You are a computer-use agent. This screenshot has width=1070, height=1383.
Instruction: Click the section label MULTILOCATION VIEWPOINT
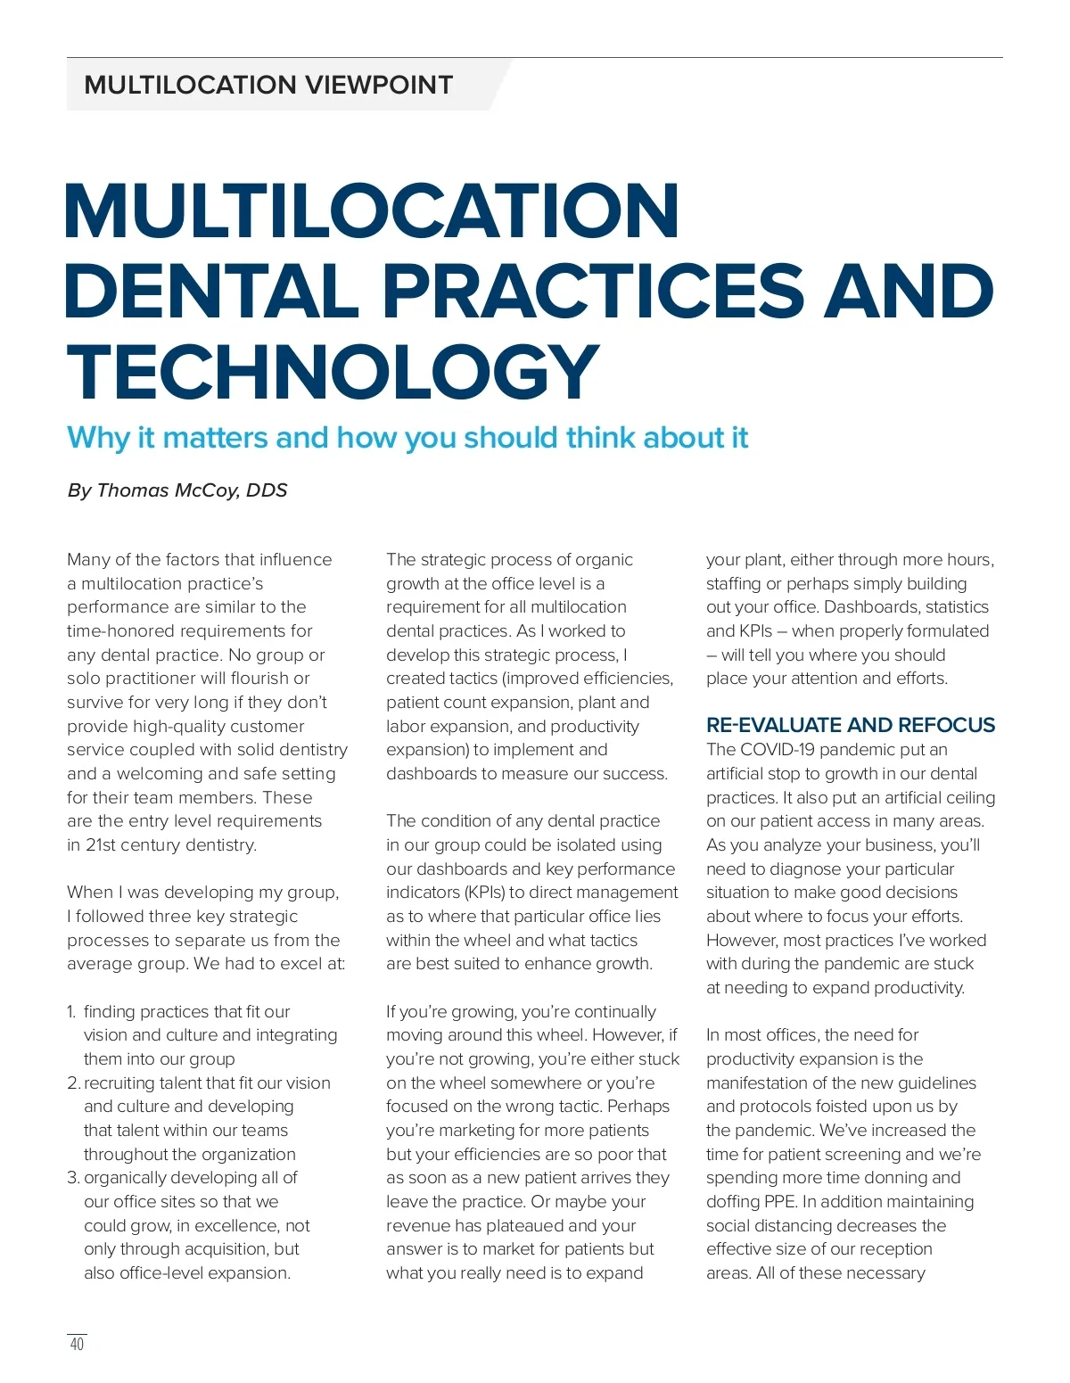[268, 86]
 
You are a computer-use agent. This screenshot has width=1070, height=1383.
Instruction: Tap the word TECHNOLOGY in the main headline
[333, 372]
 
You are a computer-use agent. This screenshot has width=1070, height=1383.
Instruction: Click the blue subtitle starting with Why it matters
[407, 438]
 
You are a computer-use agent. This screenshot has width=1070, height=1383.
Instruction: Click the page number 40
[77, 1344]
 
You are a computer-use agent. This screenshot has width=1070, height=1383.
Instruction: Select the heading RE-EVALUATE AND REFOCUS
[850, 725]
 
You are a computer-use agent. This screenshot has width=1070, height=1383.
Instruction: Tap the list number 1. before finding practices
[71, 1012]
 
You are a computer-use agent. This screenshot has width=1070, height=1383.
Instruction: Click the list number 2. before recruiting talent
[73, 1083]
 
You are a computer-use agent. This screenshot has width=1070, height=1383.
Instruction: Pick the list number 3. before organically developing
[73, 1178]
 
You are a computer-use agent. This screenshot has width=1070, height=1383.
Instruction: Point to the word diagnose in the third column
[794, 869]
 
